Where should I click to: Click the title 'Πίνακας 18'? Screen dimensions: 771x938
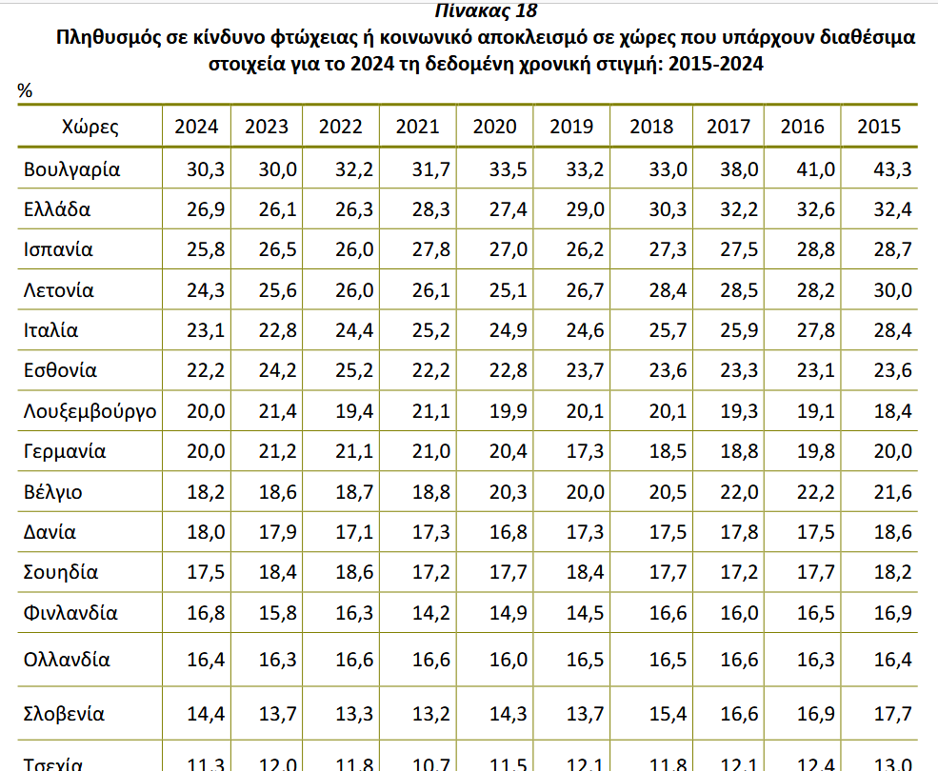tap(485, 11)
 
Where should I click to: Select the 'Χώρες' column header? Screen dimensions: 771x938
tap(90, 127)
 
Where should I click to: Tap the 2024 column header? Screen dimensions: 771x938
tap(196, 127)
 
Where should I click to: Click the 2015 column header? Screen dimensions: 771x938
tap(879, 127)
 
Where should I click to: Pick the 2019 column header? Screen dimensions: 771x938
tap(572, 127)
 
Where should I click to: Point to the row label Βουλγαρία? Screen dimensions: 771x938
tap(72, 169)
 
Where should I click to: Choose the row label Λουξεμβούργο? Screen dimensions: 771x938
tap(90, 411)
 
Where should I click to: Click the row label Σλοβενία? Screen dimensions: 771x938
tap(65, 714)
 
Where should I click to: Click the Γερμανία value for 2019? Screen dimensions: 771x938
tap(584, 452)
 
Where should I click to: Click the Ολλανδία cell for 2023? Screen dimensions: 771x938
tap(277, 659)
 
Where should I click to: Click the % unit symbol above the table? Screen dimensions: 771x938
tap(26, 91)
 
